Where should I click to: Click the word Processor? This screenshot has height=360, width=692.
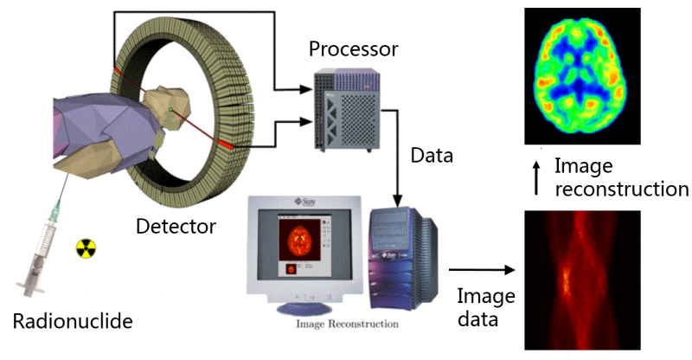[354, 48]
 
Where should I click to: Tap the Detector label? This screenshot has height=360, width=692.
[176, 228]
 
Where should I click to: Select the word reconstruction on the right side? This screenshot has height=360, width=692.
[622, 189]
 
